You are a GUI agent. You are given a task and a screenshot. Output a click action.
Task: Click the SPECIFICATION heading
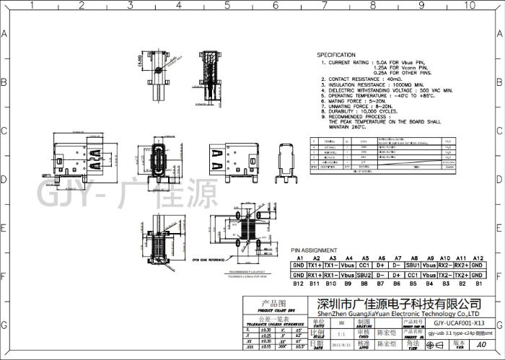tap(336, 55)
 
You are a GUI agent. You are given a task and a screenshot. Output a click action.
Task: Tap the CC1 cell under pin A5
tap(364, 266)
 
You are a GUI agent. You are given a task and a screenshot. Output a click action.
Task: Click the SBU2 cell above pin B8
tap(364, 276)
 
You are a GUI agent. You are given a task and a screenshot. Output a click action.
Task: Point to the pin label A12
tap(477, 258)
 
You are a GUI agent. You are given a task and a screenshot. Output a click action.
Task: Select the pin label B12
tap(297, 284)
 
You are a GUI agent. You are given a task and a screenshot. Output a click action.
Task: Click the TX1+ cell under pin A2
tap(315, 266)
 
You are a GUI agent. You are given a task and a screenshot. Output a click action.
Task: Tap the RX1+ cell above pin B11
tap(315, 276)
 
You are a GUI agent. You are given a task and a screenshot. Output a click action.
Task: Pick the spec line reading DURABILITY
tap(356, 113)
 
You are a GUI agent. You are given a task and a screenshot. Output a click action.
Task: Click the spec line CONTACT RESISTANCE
tap(362, 79)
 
